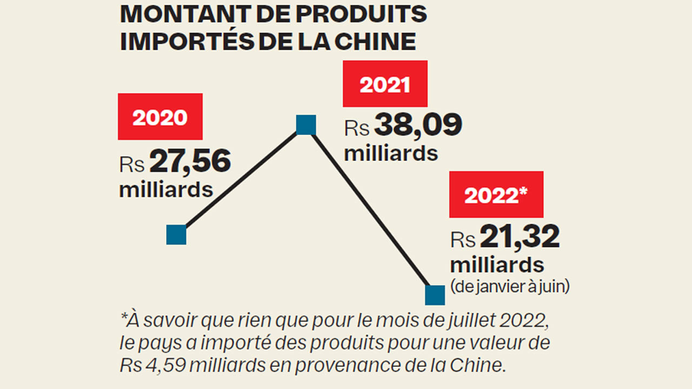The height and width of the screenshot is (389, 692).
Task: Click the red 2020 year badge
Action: click(x=160, y=117)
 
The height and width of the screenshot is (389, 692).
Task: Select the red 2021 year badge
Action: click(x=385, y=84)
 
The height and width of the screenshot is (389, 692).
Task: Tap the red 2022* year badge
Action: click(x=496, y=194)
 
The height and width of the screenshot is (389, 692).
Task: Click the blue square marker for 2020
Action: click(x=176, y=235)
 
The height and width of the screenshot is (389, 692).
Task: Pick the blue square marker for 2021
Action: click(x=306, y=124)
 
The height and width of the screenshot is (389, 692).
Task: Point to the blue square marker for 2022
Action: click(x=435, y=295)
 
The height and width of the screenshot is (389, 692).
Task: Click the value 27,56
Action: click(x=190, y=162)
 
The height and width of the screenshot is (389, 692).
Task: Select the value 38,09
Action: click(x=418, y=125)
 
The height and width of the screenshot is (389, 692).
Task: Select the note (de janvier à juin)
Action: click(x=510, y=286)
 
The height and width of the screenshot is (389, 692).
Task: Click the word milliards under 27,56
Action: click(x=165, y=190)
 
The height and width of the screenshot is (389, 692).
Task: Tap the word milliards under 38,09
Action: click(x=391, y=153)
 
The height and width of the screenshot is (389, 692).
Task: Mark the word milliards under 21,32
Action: click(x=497, y=265)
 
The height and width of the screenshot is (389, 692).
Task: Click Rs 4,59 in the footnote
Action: click(x=145, y=365)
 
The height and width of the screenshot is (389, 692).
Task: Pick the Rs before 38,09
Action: click(x=357, y=129)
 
